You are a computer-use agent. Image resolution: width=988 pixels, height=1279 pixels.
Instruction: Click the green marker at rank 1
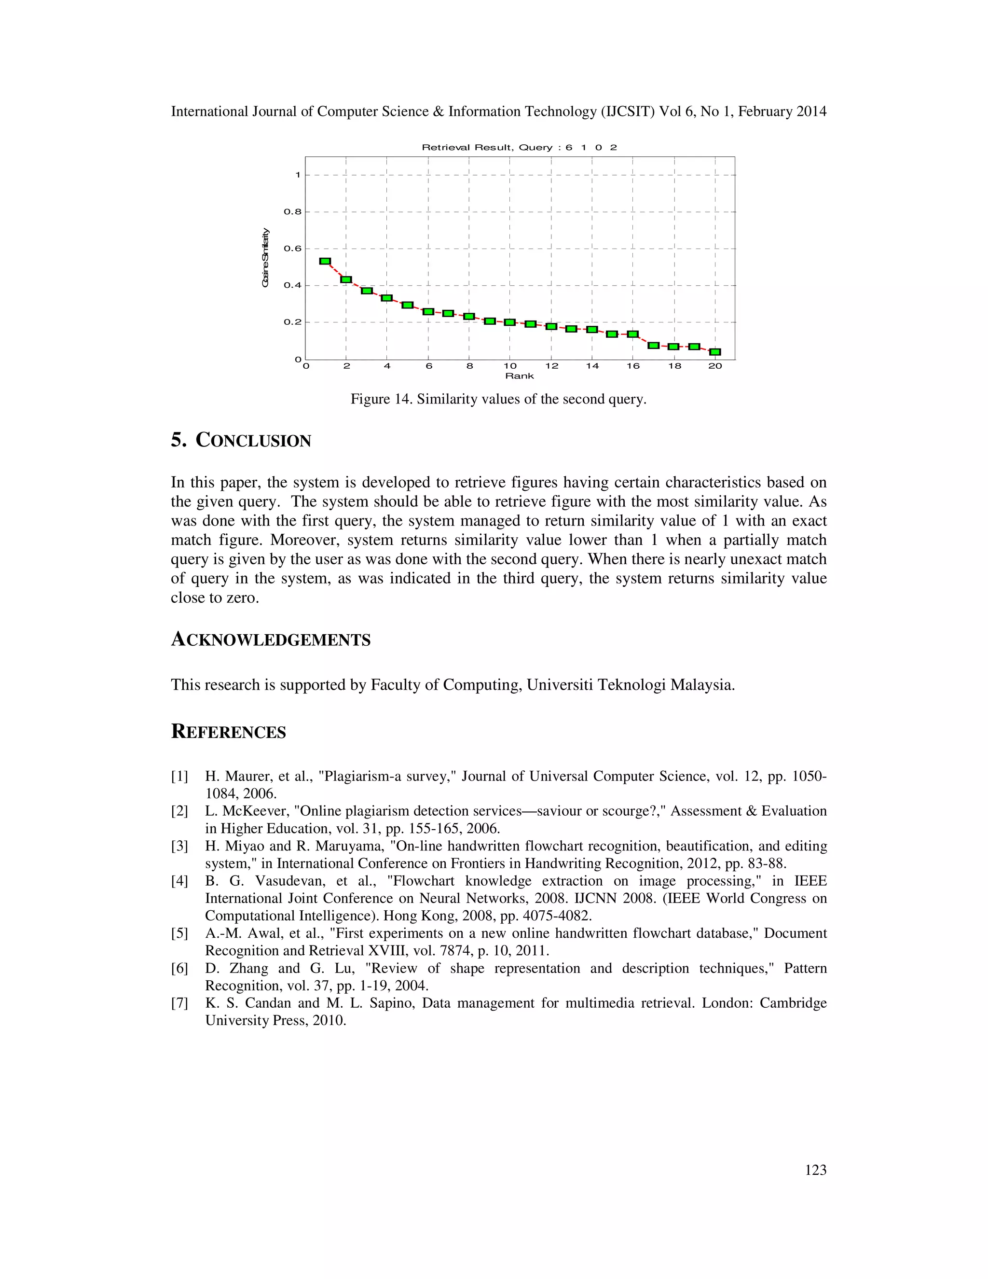pyautogui.click(x=326, y=261)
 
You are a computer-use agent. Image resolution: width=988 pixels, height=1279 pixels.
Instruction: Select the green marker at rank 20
pyautogui.click(x=714, y=352)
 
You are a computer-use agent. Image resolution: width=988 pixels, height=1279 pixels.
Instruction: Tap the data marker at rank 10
pyautogui.click(x=509, y=322)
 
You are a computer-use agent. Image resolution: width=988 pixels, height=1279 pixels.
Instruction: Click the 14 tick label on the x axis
pyautogui.click(x=592, y=366)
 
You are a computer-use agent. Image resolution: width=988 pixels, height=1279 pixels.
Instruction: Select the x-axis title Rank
pyautogui.click(x=519, y=376)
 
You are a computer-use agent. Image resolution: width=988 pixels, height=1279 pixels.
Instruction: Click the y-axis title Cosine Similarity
pyautogui.click(x=266, y=258)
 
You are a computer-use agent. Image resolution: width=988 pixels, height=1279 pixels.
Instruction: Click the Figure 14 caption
pyautogui.click(x=498, y=400)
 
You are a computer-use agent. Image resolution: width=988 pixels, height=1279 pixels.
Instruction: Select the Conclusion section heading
pyautogui.click(x=241, y=440)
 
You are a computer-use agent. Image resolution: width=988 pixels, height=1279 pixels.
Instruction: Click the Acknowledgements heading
pyautogui.click(x=271, y=639)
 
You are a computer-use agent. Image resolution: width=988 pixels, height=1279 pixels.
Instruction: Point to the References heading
pyautogui.click(x=228, y=732)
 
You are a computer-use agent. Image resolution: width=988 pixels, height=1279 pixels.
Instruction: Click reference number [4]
pyautogui.click(x=179, y=881)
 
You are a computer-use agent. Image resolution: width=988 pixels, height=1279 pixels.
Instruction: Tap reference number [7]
pyautogui.click(x=179, y=1003)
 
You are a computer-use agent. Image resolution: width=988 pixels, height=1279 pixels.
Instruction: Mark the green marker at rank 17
pyautogui.click(x=654, y=346)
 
